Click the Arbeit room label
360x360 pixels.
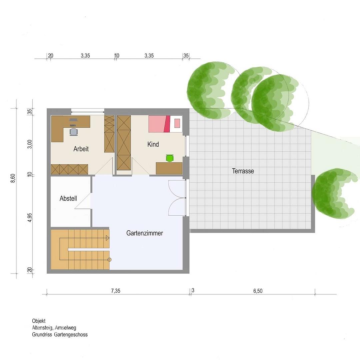[x=81, y=149]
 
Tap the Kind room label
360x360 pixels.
[x=153, y=144]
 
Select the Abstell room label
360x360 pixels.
[x=68, y=198]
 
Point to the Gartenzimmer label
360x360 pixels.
[x=145, y=233]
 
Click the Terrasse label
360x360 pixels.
[x=243, y=171]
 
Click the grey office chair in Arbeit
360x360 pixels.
[x=74, y=132]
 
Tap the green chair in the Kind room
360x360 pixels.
[x=169, y=158]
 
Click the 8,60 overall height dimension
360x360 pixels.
[x=13, y=178]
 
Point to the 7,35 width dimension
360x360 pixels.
[x=116, y=291]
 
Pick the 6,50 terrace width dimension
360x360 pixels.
[x=258, y=291]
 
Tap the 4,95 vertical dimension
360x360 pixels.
[x=30, y=218]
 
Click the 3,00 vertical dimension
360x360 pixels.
[x=30, y=144]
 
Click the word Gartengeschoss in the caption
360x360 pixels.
[x=71, y=335]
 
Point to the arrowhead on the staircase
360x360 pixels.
[x=107, y=238]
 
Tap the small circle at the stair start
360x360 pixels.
[x=110, y=260]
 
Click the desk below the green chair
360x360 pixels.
[x=169, y=168]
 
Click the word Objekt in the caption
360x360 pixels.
[x=39, y=321]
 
